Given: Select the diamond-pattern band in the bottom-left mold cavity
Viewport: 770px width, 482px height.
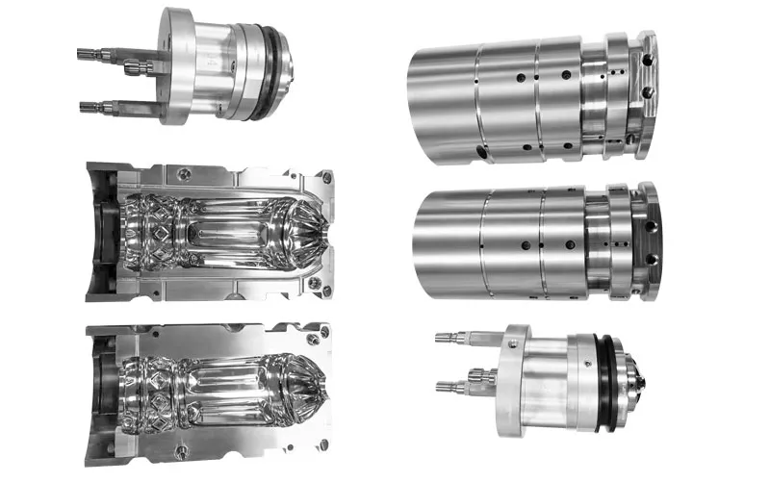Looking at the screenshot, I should (154, 389).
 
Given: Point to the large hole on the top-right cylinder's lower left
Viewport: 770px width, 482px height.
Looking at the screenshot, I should (478, 152).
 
